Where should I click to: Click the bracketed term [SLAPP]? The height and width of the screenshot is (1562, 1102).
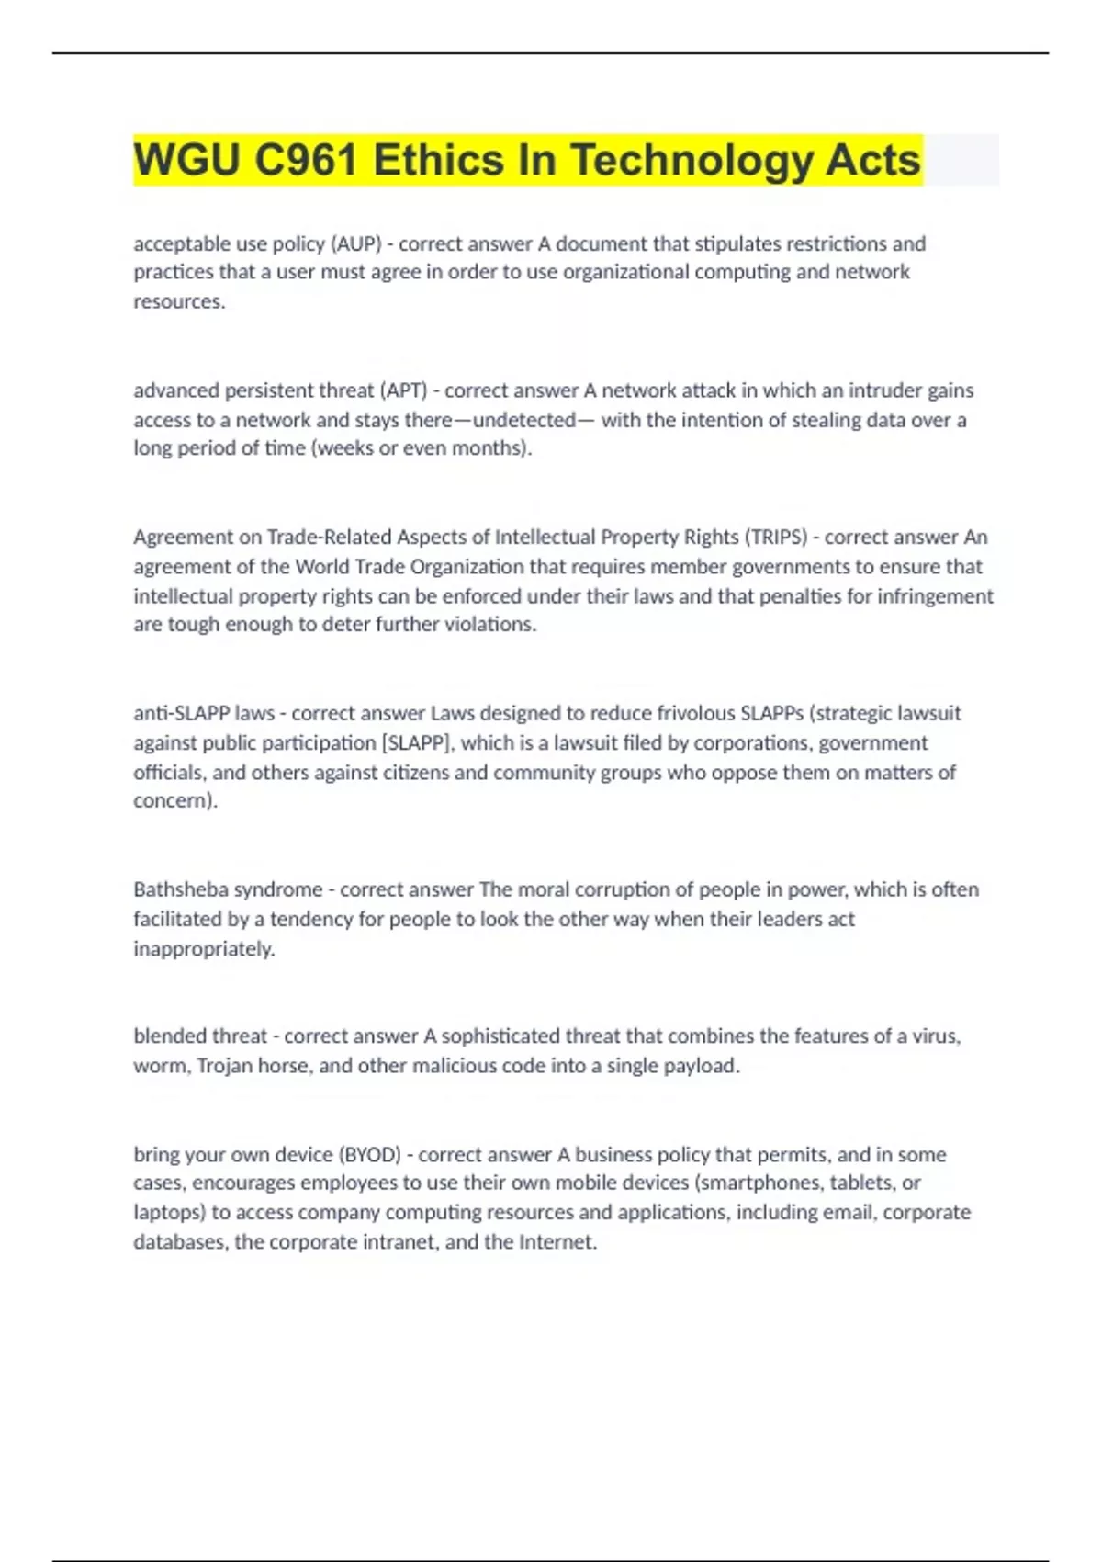pos(417,742)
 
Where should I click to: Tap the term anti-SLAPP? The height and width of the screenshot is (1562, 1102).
pos(182,713)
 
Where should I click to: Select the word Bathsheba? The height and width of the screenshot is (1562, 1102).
pos(181,889)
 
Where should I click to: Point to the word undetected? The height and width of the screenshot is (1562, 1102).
pos(523,420)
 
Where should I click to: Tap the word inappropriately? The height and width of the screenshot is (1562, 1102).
pos(204,948)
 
